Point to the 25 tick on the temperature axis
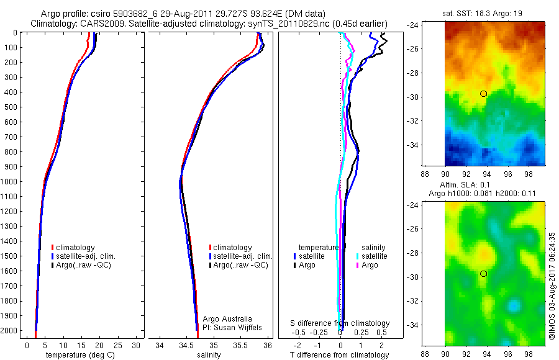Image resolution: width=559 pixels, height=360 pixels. (118, 343)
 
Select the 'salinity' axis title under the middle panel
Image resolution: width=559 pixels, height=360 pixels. (209, 354)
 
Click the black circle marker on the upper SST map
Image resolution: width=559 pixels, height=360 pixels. (483, 93)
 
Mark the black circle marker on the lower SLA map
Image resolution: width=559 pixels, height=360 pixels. (483, 274)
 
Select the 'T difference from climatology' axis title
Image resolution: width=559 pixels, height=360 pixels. (340, 354)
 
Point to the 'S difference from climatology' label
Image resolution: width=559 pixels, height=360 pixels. (340, 323)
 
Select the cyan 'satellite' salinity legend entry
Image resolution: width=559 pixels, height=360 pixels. (371, 256)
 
